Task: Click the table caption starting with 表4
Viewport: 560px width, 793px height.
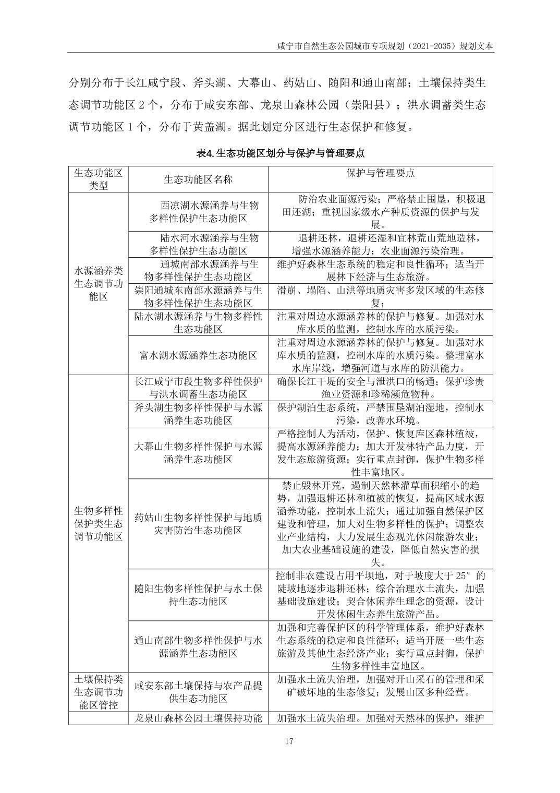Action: tap(280, 153)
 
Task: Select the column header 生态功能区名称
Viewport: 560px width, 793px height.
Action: tap(198, 179)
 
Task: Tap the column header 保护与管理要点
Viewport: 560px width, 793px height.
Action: tap(380, 173)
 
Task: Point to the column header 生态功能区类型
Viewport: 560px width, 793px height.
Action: tap(98, 179)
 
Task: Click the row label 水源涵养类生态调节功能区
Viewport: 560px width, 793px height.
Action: tap(98, 283)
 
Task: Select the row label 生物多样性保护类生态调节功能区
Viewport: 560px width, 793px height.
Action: tap(98, 523)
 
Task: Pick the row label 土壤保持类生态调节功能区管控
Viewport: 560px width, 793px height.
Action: tap(98, 692)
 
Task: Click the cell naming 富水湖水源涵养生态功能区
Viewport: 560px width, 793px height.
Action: tap(198, 355)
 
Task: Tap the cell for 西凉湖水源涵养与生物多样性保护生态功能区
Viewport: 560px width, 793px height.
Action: tap(198, 212)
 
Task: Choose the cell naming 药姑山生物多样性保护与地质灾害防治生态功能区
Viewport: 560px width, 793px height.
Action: tap(198, 524)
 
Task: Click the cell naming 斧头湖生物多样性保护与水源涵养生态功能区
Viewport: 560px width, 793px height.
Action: tap(198, 414)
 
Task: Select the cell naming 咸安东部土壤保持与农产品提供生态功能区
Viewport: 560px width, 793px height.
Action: tap(198, 692)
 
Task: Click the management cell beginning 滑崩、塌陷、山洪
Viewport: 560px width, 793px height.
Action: tap(380, 296)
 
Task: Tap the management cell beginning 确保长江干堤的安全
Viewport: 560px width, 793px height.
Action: tap(380, 388)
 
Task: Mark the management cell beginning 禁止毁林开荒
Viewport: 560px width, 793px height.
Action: tap(380, 524)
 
